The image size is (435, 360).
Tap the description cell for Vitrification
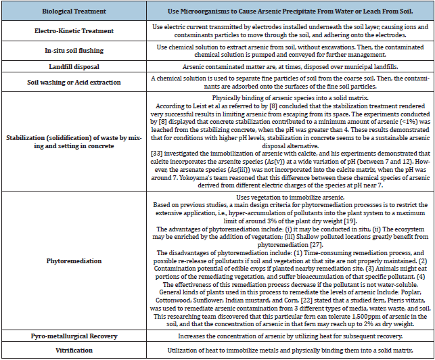click(x=284, y=350)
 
